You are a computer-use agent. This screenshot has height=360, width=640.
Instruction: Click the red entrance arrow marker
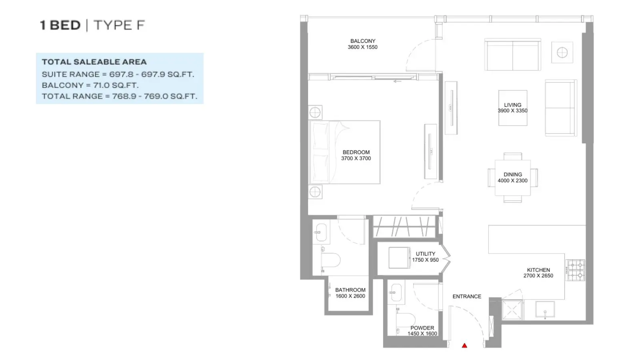tap(464, 346)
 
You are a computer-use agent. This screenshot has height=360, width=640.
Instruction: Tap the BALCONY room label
tap(362, 41)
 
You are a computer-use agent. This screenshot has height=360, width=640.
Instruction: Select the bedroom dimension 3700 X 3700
tap(356, 158)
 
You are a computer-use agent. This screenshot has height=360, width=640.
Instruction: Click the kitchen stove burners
tap(575, 270)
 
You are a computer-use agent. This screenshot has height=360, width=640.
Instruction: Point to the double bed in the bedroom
tap(344, 152)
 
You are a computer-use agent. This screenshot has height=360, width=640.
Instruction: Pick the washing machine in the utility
tap(399, 258)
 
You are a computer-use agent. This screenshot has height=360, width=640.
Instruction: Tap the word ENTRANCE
tap(467, 296)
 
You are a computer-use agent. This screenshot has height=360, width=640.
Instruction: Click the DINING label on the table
tap(512, 174)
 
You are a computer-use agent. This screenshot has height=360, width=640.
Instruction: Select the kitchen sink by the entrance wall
tap(545, 309)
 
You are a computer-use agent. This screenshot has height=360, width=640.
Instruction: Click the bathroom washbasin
tap(321, 232)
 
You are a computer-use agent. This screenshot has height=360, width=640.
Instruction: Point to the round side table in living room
tap(562, 52)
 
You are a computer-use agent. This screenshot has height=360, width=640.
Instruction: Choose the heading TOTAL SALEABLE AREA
tap(94, 62)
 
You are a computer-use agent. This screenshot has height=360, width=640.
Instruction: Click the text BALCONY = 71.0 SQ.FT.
tap(90, 85)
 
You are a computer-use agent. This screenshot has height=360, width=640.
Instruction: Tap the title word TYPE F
tap(120, 25)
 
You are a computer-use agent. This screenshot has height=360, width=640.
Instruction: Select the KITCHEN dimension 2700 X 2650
tap(538, 276)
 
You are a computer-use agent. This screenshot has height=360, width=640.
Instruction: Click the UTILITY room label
tap(426, 254)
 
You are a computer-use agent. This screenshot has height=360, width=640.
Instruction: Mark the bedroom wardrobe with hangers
tap(404, 226)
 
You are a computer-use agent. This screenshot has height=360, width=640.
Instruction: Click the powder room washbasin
tap(396, 293)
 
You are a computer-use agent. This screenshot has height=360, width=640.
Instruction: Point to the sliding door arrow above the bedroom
tap(398, 82)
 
